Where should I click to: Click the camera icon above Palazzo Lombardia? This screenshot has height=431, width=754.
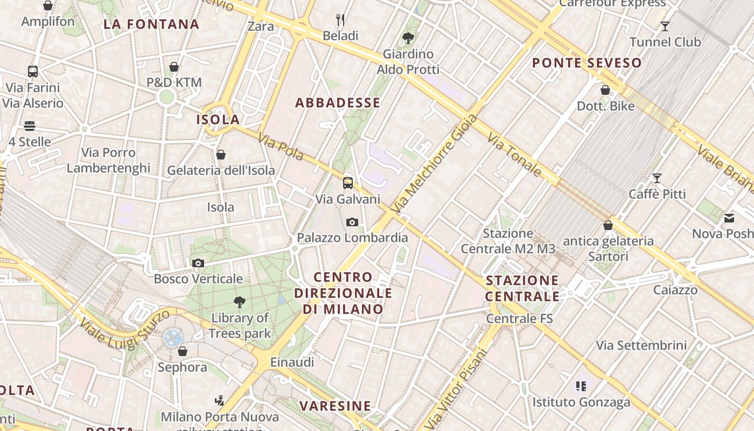tap(352, 222)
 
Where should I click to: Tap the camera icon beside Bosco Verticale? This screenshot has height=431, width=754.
tap(198, 263)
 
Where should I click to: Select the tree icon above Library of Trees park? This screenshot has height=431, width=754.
tap(239, 302)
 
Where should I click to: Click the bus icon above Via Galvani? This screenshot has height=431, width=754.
tap(348, 183)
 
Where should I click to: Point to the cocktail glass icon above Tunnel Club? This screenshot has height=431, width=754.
tap(665, 26)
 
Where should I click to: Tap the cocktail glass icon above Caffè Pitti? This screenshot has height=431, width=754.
tap(657, 178)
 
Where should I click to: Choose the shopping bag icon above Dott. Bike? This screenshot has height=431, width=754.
tap(605, 90)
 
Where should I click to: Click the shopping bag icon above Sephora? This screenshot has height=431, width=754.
tap(183, 351)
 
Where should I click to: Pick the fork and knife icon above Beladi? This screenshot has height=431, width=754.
tap(340, 20)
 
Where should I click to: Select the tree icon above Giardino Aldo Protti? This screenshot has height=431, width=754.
tap(408, 38)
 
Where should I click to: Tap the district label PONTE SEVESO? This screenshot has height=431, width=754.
tap(587, 63)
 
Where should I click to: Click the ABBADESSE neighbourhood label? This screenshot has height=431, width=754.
tap(338, 103)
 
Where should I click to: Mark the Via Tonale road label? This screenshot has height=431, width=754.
tap(514, 156)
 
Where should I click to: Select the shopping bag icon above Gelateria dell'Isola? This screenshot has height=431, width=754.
tap(220, 155)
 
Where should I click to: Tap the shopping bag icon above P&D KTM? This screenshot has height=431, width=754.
tap(174, 67)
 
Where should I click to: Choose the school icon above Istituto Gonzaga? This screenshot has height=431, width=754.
tap(581, 386)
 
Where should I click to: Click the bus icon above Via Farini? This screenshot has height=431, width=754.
tap(33, 71)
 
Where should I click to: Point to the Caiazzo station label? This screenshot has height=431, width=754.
tap(675, 290)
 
